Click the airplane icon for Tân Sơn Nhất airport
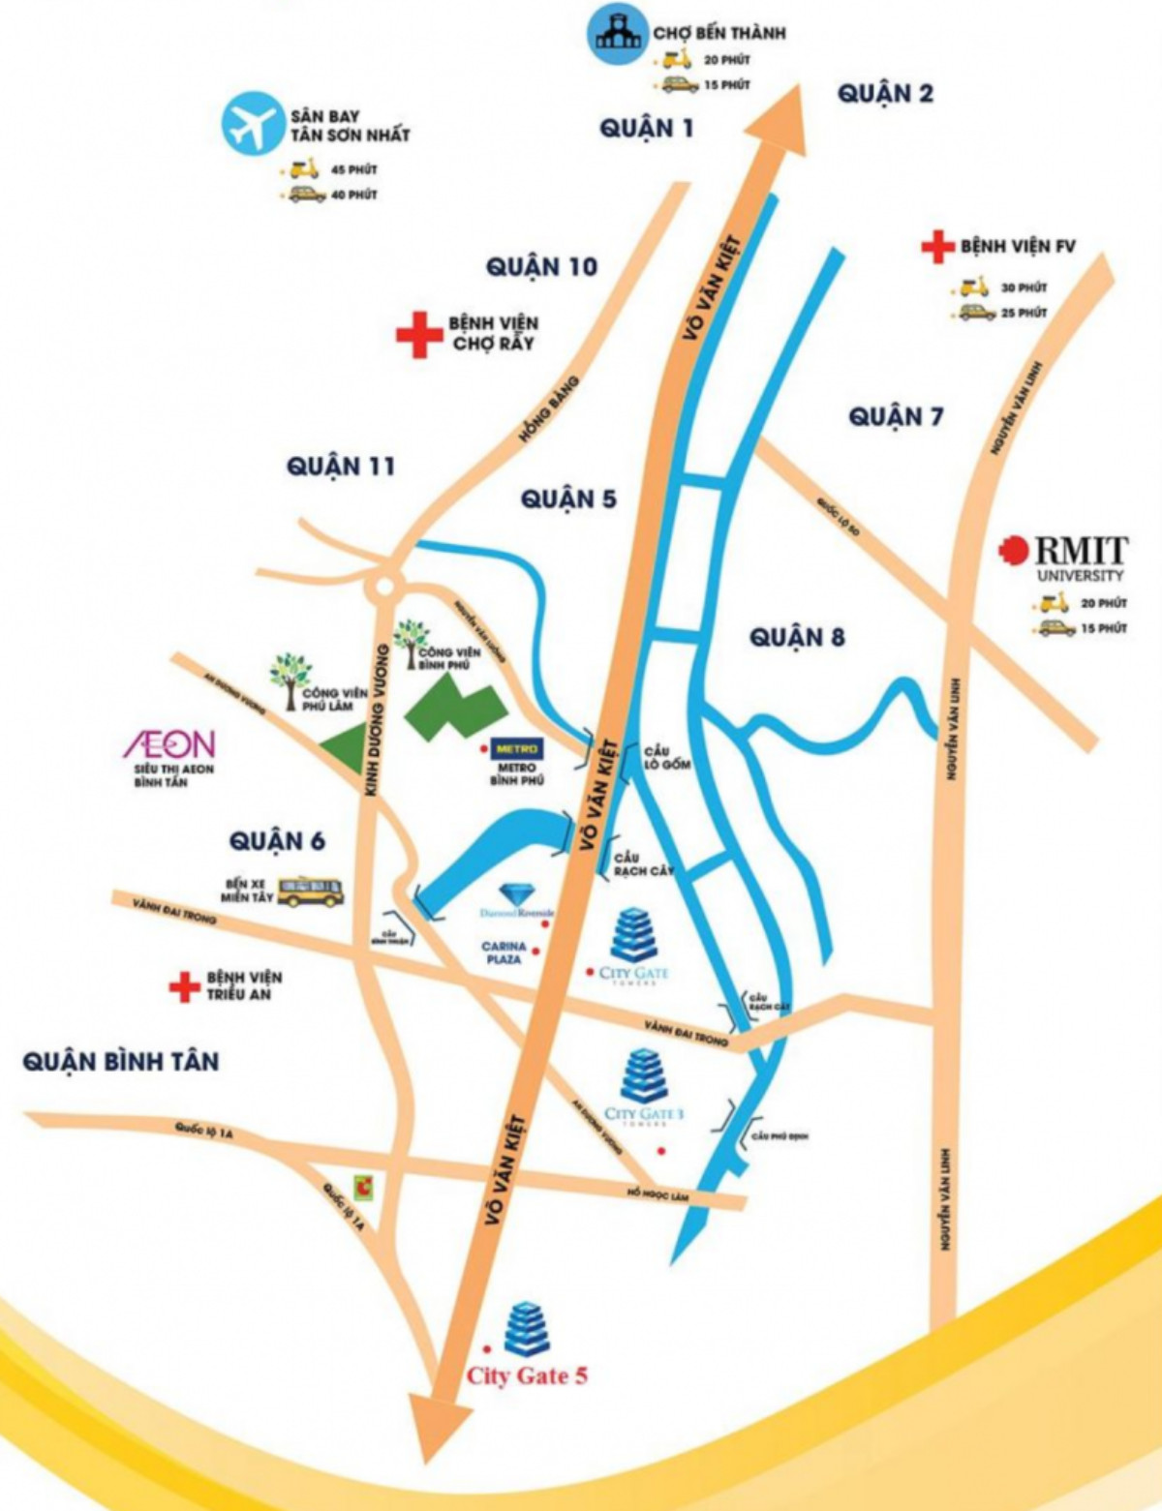click(x=251, y=125)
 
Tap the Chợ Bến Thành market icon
click(x=617, y=34)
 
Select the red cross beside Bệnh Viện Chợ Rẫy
click(x=418, y=335)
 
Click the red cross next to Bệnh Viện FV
click(x=936, y=247)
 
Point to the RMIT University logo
click(x=1064, y=559)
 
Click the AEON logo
click(x=168, y=744)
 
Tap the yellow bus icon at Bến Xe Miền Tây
click(x=311, y=891)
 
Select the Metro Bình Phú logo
click(x=518, y=749)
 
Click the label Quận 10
click(x=541, y=267)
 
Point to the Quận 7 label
click(x=896, y=417)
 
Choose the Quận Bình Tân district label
click(x=121, y=1062)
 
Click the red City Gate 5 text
click(x=527, y=1375)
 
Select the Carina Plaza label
click(x=505, y=952)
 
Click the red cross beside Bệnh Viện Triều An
click(x=184, y=986)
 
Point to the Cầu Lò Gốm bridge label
click(x=667, y=758)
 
